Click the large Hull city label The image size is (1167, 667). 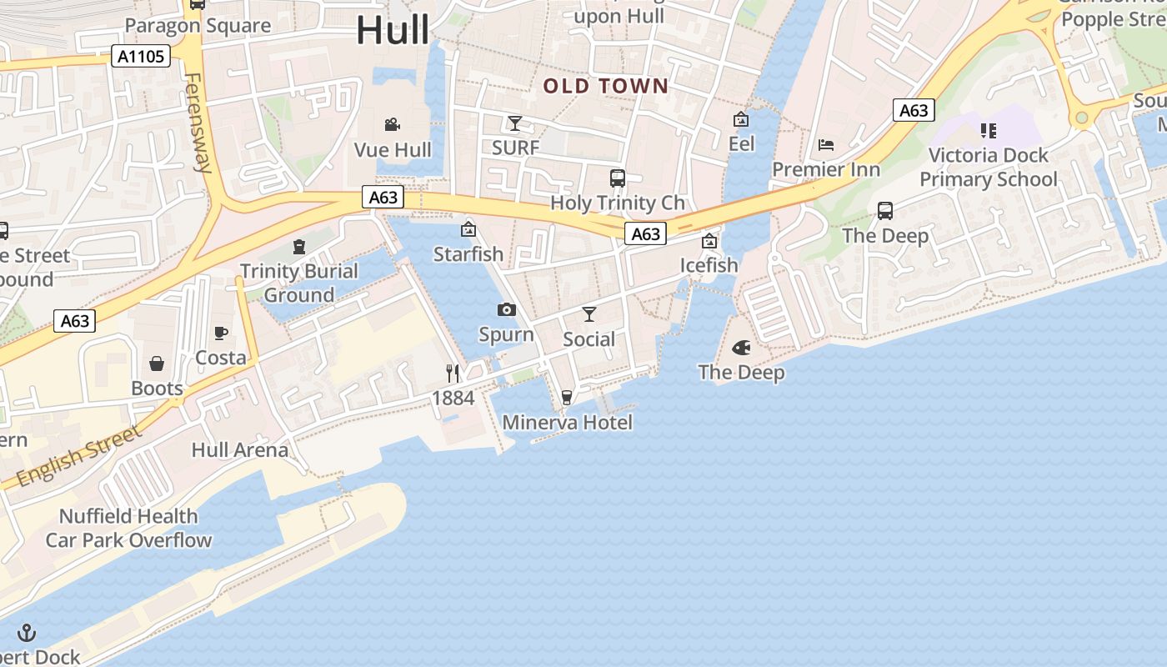pos(393,31)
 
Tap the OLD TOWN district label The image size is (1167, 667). pos(606,86)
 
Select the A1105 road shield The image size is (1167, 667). pos(141,57)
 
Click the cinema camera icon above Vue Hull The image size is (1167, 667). pos(392,125)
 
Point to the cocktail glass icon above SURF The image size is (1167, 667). pos(515,123)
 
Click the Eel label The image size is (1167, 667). pos(741,144)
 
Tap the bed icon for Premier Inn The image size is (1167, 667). pos(826,145)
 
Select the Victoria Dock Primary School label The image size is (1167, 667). pos(988,168)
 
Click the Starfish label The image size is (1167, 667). pos(468,253)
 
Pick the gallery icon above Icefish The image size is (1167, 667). pos(709,242)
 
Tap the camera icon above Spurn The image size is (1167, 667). pos(506,310)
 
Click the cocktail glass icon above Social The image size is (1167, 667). pos(589,314)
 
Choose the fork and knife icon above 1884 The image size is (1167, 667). pos(453,373)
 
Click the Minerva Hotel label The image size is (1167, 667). pos(567,423)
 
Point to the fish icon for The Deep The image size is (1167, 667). pos(741,348)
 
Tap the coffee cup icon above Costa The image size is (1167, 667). pos(221,333)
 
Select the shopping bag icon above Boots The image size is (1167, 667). pos(157,364)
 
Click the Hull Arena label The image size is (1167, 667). pos(240,450)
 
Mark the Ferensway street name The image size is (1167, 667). pos(197,123)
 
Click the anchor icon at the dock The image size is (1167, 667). pos(27,632)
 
